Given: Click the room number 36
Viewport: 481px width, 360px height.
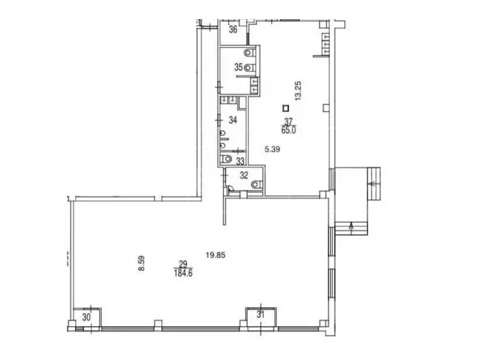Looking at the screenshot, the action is click(x=234, y=29).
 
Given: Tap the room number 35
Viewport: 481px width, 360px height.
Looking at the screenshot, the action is click(x=239, y=67).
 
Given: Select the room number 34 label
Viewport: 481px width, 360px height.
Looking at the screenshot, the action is click(x=233, y=120).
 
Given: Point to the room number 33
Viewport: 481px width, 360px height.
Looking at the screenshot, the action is click(x=240, y=160).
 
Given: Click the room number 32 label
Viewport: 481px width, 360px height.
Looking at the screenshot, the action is click(x=244, y=175).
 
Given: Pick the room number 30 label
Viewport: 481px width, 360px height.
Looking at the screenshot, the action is click(x=87, y=318).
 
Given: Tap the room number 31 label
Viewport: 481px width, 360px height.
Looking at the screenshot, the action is click(x=261, y=314).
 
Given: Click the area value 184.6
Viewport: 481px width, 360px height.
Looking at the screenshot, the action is click(x=183, y=273).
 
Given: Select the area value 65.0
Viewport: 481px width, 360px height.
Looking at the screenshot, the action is click(x=288, y=130).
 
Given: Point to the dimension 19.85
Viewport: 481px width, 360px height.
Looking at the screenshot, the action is click(x=216, y=255).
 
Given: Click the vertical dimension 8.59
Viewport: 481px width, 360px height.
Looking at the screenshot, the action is click(x=141, y=264).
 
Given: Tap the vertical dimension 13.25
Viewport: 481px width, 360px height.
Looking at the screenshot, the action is click(x=298, y=91).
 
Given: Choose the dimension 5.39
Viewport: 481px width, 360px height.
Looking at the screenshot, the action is click(x=273, y=149).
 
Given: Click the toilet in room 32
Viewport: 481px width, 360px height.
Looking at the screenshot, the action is click(x=257, y=184).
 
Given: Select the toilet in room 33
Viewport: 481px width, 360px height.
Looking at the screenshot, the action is click(x=226, y=159).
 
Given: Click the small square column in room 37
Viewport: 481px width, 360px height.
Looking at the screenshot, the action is click(x=286, y=108).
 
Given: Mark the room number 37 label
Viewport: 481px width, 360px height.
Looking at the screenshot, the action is click(x=289, y=121).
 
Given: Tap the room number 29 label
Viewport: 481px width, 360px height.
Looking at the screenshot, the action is click(x=183, y=264).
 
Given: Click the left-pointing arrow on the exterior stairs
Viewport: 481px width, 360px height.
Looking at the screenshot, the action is click(x=373, y=184).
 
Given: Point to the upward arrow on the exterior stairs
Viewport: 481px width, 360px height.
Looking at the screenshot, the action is click(x=351, y=228).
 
